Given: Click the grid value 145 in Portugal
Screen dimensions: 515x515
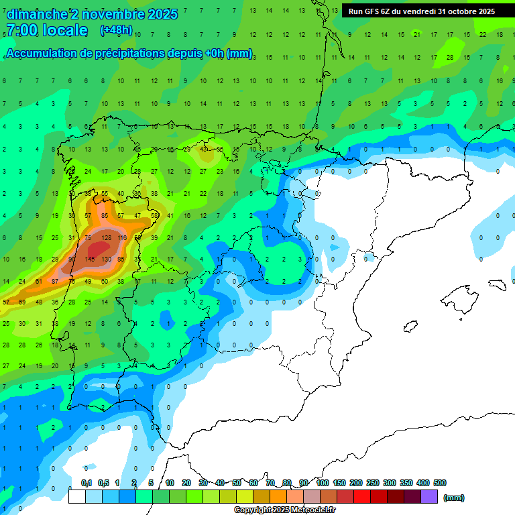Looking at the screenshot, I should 89,259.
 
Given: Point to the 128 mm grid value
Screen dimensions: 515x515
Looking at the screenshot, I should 106,237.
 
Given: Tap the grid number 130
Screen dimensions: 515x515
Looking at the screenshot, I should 106,259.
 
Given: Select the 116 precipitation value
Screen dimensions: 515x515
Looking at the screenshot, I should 122,237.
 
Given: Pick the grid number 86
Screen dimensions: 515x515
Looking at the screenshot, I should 121,259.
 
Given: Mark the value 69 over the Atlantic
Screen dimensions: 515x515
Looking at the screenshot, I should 21,302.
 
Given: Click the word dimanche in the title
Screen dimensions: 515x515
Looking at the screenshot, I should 38,14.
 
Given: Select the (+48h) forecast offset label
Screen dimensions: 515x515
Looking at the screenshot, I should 115,30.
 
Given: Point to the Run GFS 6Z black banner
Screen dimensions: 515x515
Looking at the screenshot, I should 421,11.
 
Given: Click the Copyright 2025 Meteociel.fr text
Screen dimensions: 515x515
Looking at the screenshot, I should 284,510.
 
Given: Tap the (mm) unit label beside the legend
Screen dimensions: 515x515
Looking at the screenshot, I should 454,498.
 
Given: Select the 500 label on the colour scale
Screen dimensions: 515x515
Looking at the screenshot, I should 440,483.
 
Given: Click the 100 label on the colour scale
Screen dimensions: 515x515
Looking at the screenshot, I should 323,483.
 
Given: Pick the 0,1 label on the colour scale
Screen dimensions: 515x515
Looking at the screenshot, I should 87,483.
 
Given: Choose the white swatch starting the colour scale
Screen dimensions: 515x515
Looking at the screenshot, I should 77,497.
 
